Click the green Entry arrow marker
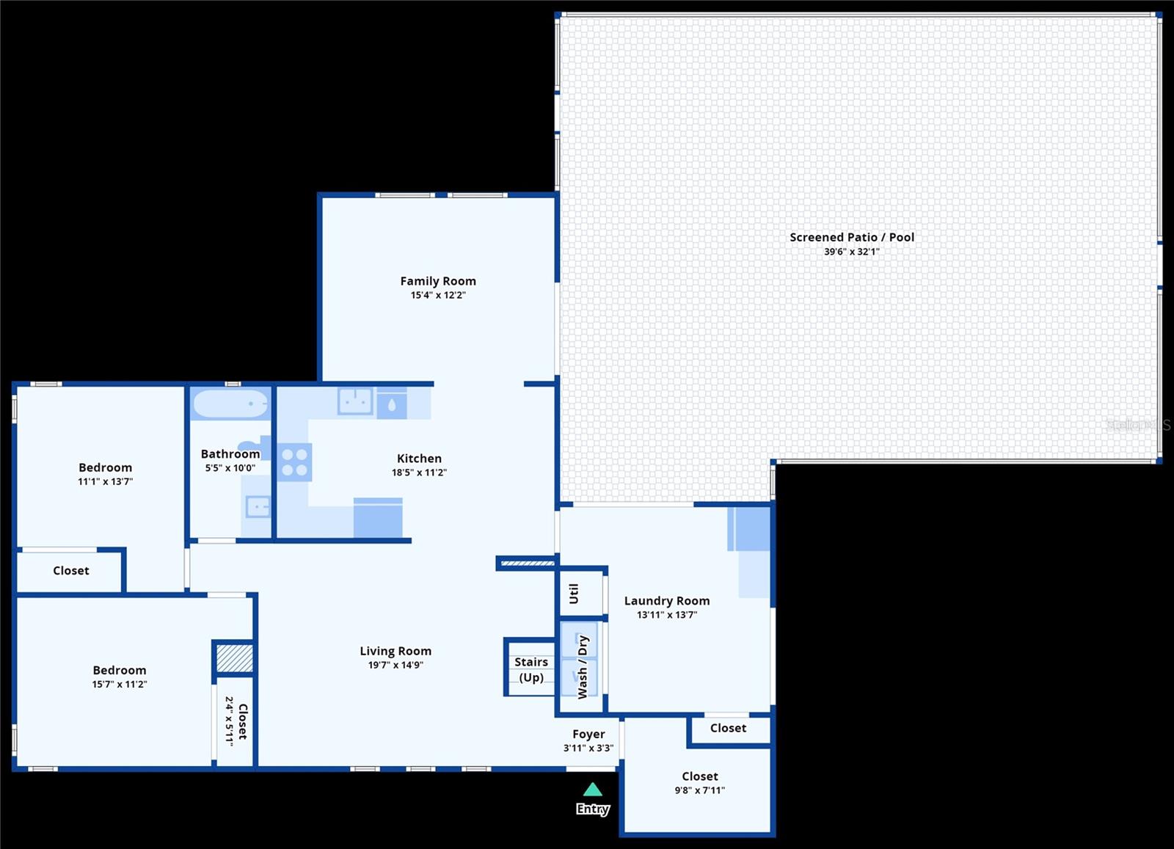(x=593, y=790)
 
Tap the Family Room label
(x=438, y=281)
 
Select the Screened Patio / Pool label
(x=851, y=237)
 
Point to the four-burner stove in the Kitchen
(x=294, y=462)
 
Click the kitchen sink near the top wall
(x=355, y=401)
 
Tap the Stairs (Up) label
(x=531, y=669)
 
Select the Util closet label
(x=574, y=593)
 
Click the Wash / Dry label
(x=583, y=666)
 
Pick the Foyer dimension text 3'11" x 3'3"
(x=588, y=748)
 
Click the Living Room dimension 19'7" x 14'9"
(x=395, y=665)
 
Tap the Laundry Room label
(x=666, y=600)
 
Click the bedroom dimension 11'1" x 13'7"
(x=106, y=481)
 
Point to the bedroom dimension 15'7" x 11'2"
(x=120, y=684)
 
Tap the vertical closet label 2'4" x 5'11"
(x=230, y=721)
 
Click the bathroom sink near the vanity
(x=258, y=506)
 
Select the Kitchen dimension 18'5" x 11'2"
(x=419, y=473)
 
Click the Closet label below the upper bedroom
(x=71, y=570)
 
